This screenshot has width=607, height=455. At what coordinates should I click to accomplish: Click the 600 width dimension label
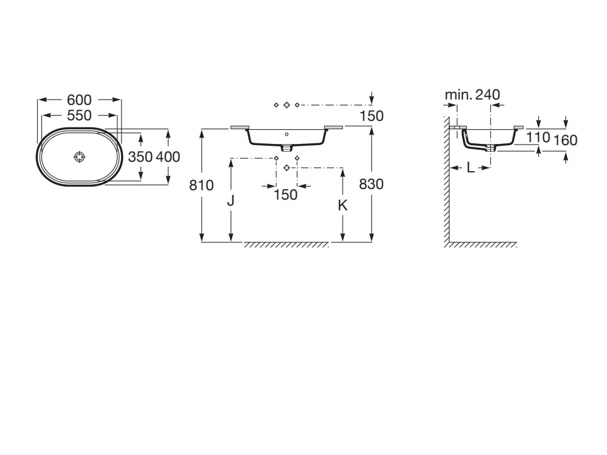click(x=79, y=100)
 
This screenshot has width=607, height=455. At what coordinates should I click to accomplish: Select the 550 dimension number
click(x=79, y=116)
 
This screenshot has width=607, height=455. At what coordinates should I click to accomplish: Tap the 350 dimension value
click(x=140, y=156)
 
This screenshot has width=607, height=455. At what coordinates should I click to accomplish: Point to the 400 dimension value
click(x=168, y=156)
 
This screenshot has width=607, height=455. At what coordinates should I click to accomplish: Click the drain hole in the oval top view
click(x=79, y=156)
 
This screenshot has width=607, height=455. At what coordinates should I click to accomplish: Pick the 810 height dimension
click(x=202, y=185)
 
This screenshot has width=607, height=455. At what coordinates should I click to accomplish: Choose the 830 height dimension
click(x=371, y=184)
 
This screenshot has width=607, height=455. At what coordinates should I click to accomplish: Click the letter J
click(x=231, y=200)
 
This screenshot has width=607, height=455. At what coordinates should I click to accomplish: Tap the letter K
click(x=343, y=206)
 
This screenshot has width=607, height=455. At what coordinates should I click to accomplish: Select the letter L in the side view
click(x=470, y=168)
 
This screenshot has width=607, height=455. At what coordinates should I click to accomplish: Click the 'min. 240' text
click(x=472, y=94)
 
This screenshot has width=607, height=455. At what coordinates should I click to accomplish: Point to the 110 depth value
click(x=538, y=137)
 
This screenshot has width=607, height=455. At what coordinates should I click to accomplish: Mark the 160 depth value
click(x=565, y=140)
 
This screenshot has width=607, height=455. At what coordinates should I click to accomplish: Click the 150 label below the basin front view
click(x=286, y=194)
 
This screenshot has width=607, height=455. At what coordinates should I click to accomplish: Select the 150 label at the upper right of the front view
click(x=372, y=116)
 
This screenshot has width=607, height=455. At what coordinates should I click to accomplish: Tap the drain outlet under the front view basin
click(x=286, y=148)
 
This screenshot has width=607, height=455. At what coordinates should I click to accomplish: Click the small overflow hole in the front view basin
click(x=286, y=134)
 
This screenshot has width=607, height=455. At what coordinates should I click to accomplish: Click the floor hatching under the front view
click(x=286, y=245)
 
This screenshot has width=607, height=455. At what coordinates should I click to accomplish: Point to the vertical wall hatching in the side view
click(x=447, y=180)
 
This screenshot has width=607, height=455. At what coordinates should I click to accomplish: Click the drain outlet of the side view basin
click(x=491, y=148)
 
